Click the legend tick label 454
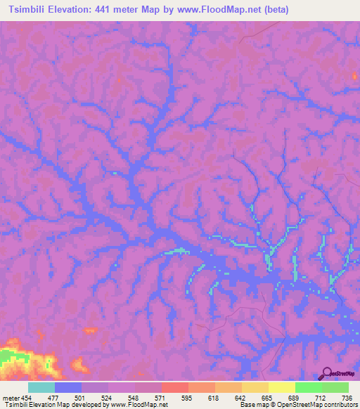pyautogui.click(x=26, y=397)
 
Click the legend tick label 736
pyautogui.click(x=346, y=397)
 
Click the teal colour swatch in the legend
pyautogui.click(x=41, y=387)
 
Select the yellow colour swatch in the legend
pyautogui.click(x=282, y=387)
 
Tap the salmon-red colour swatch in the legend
pyautogui.click(x=175, y=387)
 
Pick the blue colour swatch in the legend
pyautogui.click(x=68, y=387)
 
